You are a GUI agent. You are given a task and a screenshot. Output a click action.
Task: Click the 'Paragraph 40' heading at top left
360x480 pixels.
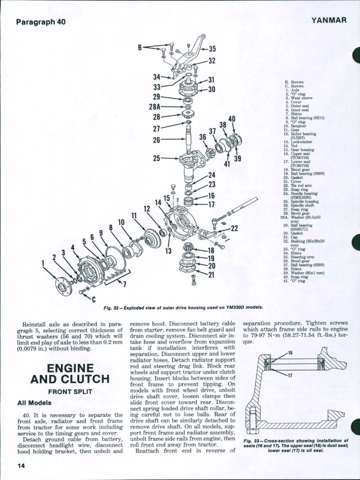[x=40, y=22]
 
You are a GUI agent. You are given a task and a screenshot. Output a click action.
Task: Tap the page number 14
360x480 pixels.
[x=21, y=465]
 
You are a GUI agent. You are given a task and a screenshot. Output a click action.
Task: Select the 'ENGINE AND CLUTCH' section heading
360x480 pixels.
[x=69, y=373]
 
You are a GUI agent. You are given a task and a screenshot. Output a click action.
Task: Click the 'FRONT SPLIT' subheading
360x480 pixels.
[x=69, y=391]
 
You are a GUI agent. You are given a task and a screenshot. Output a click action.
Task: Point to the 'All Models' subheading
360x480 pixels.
[x=34, y=402]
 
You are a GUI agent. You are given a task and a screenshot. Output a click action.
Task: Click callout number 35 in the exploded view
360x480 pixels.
[x=212, y=49]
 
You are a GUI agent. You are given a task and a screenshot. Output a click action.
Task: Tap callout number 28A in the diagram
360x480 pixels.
[x=155, y=107]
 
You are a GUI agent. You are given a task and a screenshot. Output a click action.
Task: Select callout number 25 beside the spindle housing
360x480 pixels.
[x=157, y=158]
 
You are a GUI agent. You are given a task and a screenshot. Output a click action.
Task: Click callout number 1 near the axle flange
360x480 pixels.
[x=43, y=263]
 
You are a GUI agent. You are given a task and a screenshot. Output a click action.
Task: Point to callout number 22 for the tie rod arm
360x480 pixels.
[x=234, y=228]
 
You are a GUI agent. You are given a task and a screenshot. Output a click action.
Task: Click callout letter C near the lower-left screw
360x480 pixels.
[x=93, y=300]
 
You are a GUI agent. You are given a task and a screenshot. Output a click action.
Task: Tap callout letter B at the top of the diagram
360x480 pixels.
[x=140, y=47]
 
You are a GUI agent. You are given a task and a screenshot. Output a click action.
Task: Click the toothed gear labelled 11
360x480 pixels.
[x=152, y=238]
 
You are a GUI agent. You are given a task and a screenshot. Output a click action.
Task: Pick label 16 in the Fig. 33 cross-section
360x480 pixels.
[x=290, y=352]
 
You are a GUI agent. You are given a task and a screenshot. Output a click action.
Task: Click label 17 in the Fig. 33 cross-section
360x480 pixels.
[x=290, y=375]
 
